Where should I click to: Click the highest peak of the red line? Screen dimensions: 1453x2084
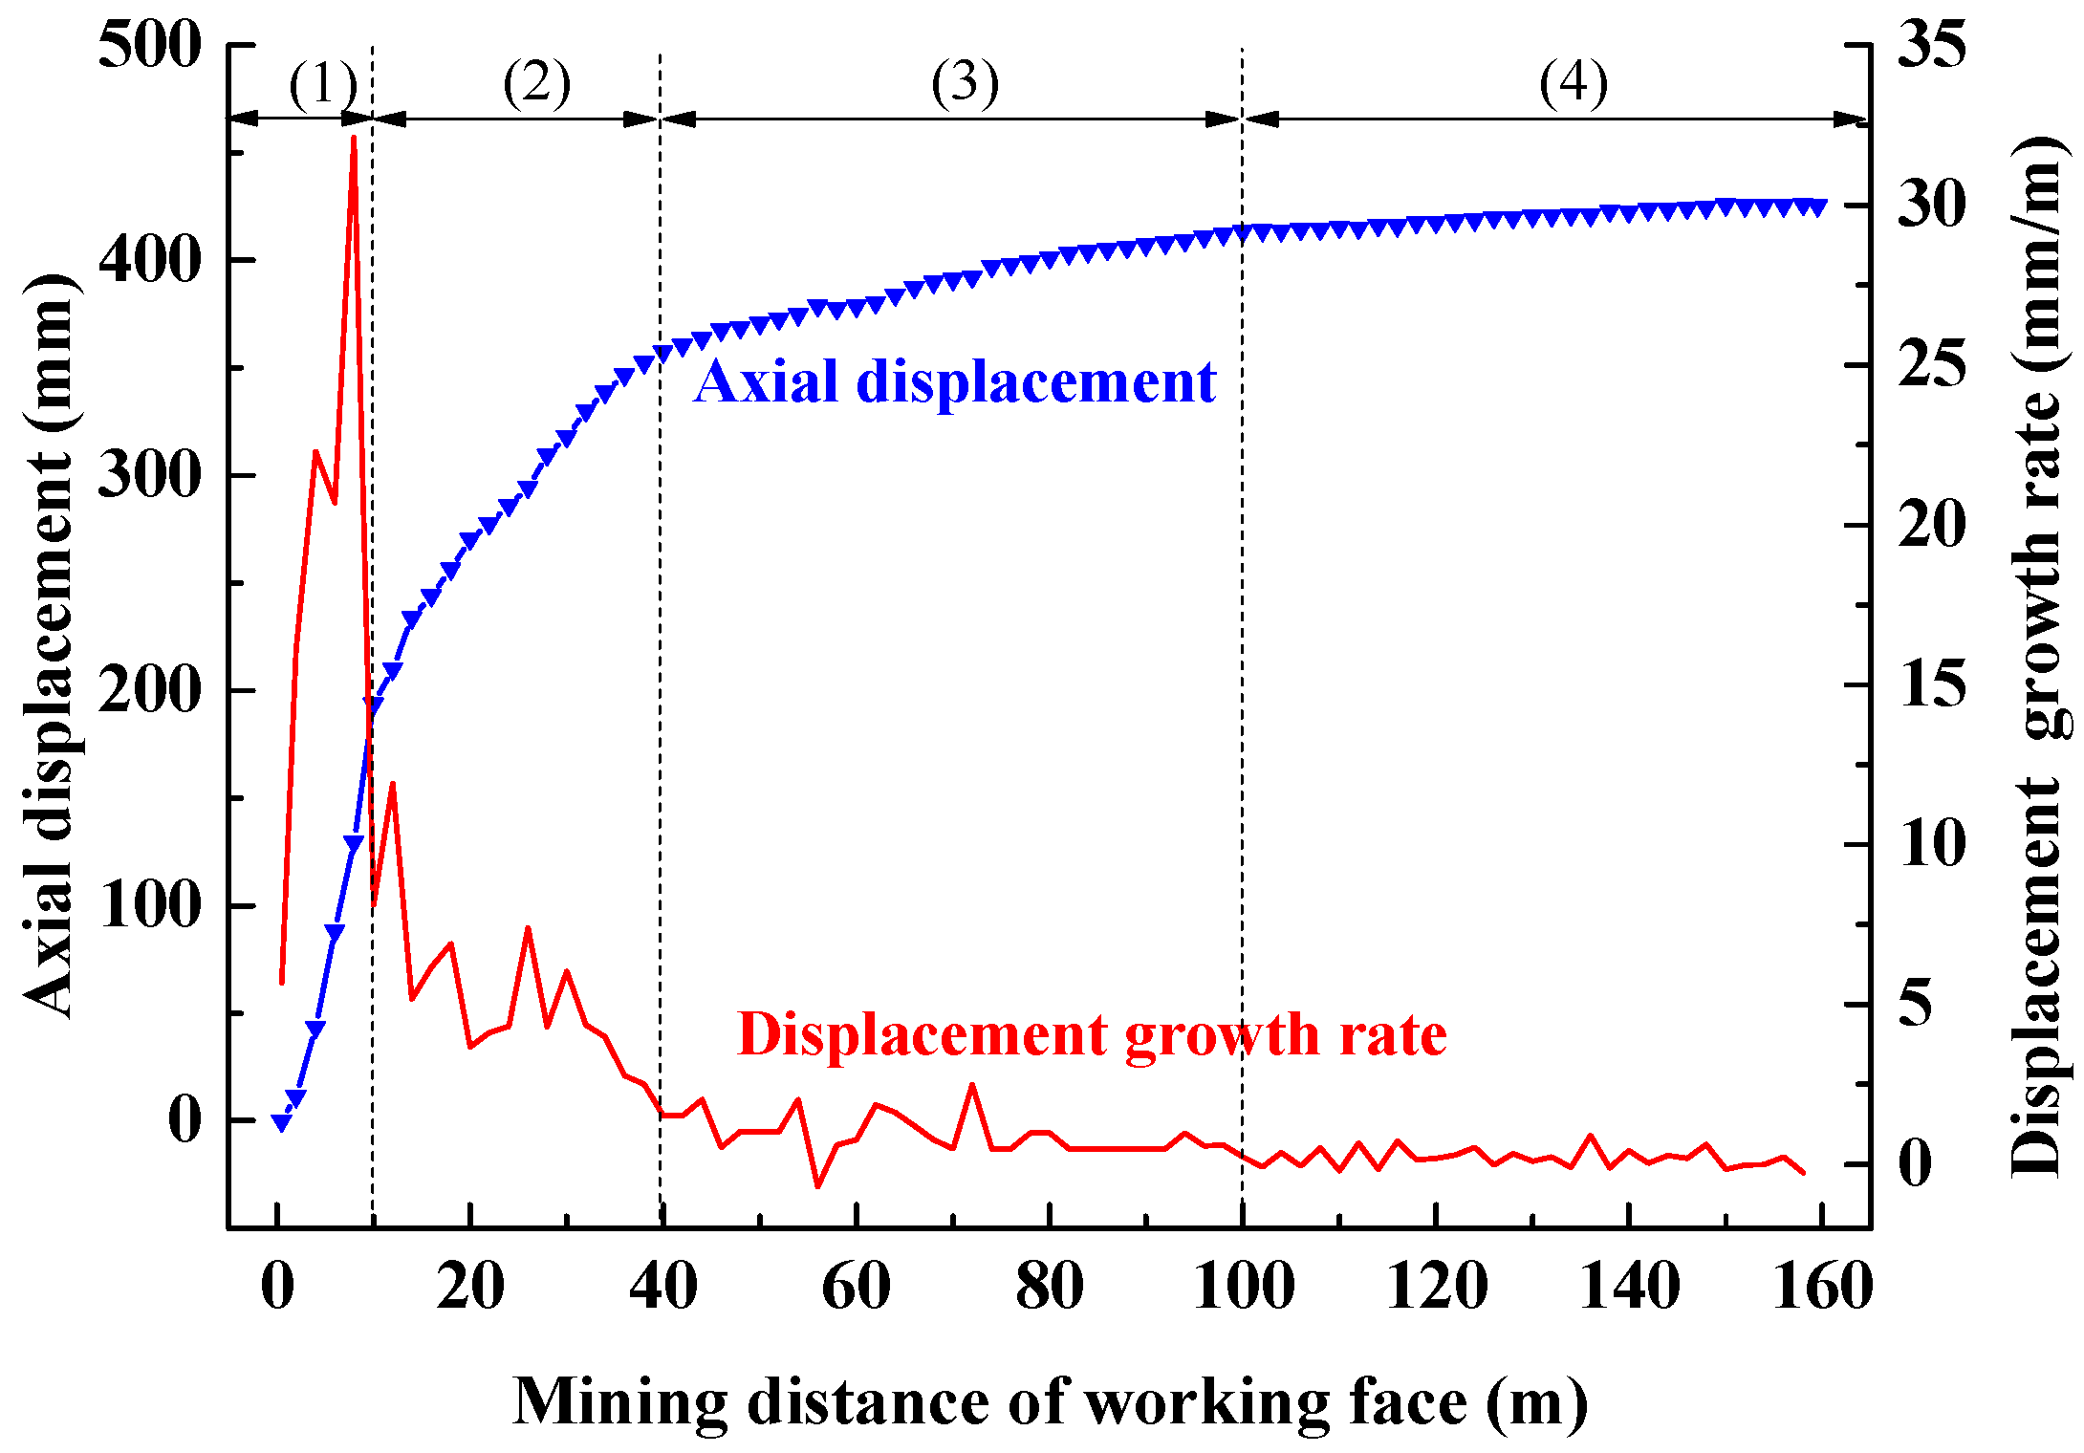(x=354, y=139)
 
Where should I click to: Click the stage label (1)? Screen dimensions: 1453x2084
(x=323, y=84)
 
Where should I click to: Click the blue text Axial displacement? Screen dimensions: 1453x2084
(x=954, y=381)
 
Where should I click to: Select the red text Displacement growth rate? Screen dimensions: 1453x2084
(x=1092, y=1034)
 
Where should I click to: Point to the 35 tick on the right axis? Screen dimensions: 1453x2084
(x=1931, y=44)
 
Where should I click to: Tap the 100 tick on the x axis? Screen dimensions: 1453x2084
(x=1243, y=1287)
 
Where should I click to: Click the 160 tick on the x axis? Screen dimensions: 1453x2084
(x=1822, y=1287)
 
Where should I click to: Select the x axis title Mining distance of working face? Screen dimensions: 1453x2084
(x=1050, y=1402)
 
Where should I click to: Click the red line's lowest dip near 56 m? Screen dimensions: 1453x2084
(x=818, y=1186)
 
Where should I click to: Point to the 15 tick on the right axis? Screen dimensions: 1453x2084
(x=1931, y=684)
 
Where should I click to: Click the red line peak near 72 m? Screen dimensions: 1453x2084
(x=972, y=1085)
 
